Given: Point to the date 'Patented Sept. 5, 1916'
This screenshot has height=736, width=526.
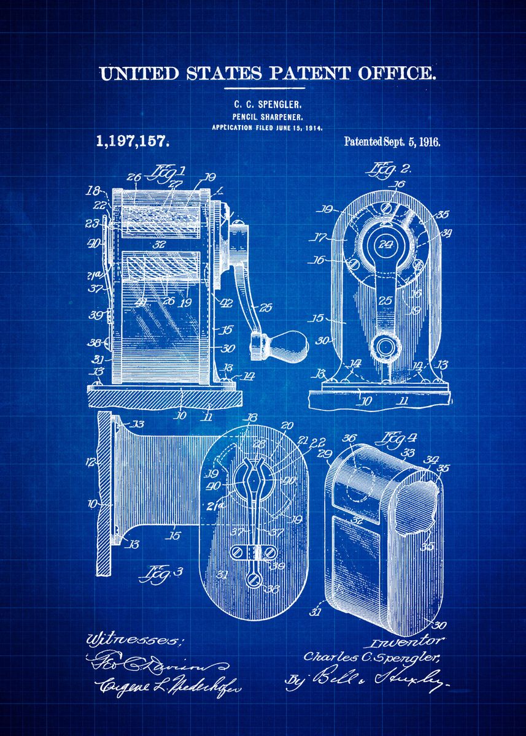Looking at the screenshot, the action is coord(392,142).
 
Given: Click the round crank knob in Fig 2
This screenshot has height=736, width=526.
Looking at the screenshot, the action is coord(386,347).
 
